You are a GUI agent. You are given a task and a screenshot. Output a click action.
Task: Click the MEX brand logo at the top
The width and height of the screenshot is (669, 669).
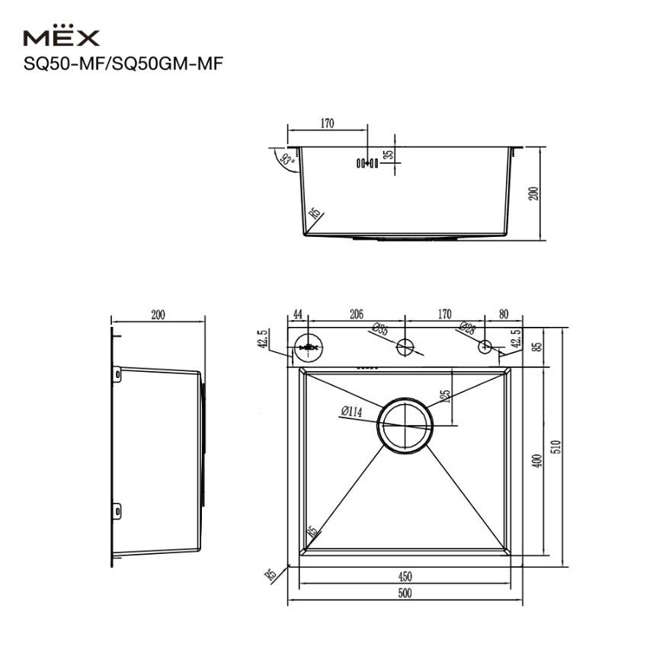click(62, 35)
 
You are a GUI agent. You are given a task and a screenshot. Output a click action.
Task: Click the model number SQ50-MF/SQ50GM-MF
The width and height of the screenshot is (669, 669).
click(123, 64)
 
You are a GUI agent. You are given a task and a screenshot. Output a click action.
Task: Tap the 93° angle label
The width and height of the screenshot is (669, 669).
click(288, 159)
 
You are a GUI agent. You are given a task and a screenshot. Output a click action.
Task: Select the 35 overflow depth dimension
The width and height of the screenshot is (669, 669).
click(388, 155)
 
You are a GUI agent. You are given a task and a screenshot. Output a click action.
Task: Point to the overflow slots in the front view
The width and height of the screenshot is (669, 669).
click(367, 162)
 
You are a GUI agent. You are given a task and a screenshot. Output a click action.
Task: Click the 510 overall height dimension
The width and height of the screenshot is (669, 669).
click(556, 447)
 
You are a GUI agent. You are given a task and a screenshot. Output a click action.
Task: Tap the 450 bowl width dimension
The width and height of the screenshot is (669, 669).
click(405, 576)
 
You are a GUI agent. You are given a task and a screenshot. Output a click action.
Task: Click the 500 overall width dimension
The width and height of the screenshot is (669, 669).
click(405, 593)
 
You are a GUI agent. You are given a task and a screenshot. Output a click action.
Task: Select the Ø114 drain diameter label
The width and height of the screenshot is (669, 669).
click(351, 411)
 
